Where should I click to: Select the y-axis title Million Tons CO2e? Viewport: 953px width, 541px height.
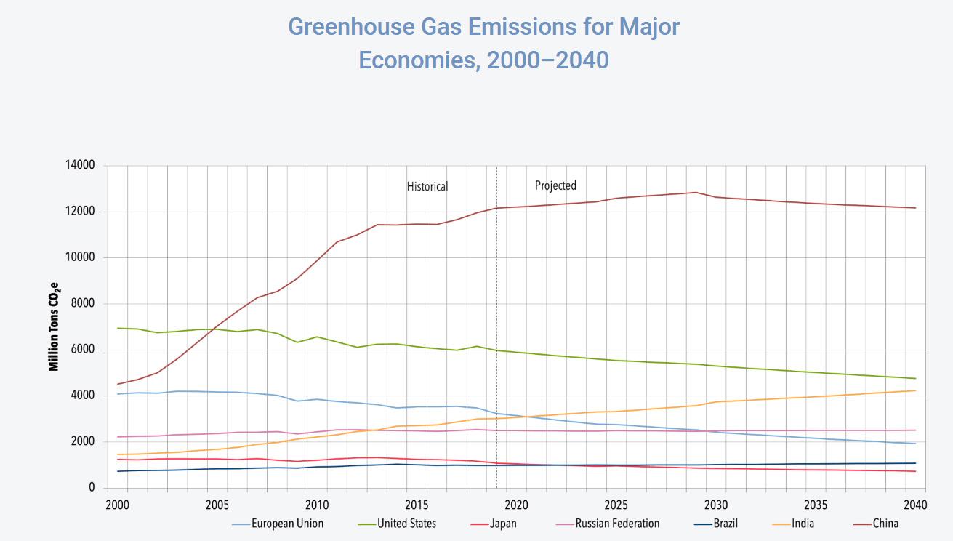click(x=55, y=326)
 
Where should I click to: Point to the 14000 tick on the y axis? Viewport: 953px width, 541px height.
click(x=80, y=166)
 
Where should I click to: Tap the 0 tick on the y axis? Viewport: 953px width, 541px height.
click(x=92, y=488)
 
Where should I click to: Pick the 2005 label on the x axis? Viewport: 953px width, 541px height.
click(x=217, y=505)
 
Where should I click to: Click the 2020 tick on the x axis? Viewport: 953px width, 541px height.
click(x=516, y=505)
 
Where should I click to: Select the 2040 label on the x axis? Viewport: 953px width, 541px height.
click(x=914, y=505)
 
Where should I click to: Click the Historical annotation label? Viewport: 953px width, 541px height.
click(x=427, y=187)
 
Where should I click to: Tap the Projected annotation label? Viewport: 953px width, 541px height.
click(x=555, y=185)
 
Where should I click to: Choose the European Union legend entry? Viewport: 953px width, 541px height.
click(x=287, y=524)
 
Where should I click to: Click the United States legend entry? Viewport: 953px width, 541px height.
click(x=406, y=524)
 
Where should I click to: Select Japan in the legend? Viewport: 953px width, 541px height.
click(x=503, y=524)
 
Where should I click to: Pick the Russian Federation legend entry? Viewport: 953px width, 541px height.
click(x=617, y=524)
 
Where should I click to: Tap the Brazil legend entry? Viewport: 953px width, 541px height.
click(x=725, y=524)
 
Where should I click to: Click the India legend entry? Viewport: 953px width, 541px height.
click(x=803, y=524)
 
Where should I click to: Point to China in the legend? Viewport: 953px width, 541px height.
click(x=885, y=524)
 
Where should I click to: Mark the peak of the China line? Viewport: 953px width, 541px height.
click(x=696, y=193)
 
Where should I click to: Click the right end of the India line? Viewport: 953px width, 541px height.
click(x=915, y=390)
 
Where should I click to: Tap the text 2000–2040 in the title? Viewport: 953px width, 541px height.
click(x=547, y=60)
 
